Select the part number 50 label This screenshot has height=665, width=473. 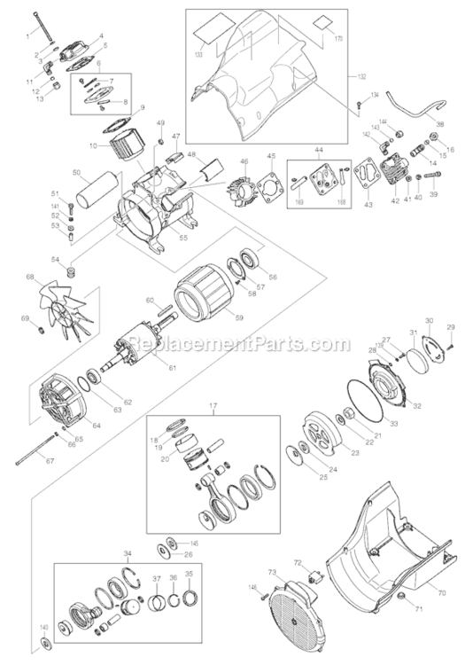click(x=76, y=172)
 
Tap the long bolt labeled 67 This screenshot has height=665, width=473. click(x=39, y=452)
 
